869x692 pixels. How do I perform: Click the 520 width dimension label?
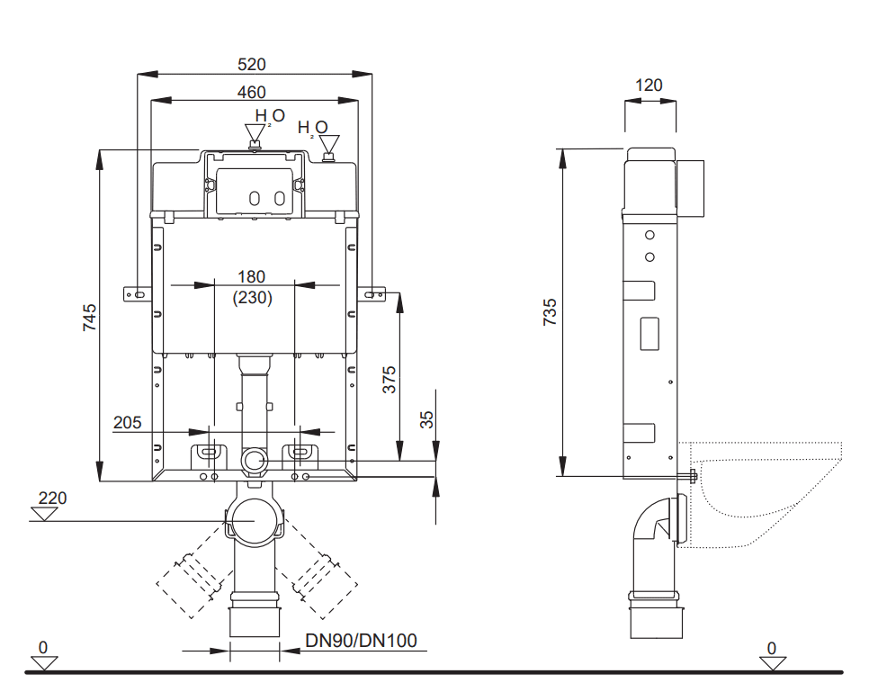point(252,64)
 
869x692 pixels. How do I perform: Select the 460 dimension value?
point(252,92)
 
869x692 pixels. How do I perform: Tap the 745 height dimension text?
point(89,318)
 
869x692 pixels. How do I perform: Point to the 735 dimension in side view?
point(550,311)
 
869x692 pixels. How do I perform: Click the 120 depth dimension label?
point(649,85)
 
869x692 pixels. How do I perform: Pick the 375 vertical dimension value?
point(390,380)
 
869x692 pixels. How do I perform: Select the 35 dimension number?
point(426,419)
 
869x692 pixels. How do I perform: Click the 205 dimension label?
point(128,423)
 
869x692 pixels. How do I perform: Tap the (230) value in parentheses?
point(253,298)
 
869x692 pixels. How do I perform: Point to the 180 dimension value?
point(252,276)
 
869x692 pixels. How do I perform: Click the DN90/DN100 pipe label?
point(361,641)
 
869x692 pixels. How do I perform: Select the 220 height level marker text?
point(53,498)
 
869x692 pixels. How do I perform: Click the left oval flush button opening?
point(254,199)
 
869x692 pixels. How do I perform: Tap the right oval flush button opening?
point(279,199)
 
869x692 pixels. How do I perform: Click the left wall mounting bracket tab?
point(138,294)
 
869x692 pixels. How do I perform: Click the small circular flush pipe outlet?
point(254,460)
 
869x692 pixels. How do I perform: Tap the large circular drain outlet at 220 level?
point(254,521)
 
